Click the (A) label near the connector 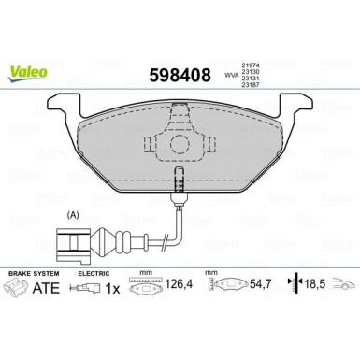tap(72, 214)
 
